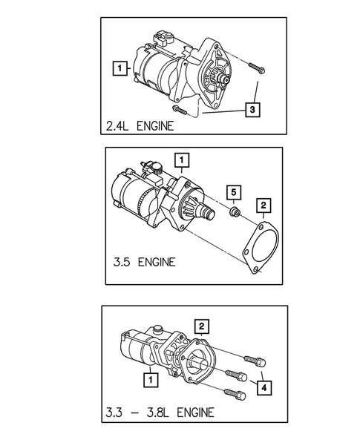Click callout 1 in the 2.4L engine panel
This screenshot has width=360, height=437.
coord(117,68)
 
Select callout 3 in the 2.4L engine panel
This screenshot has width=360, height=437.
coord(253,110)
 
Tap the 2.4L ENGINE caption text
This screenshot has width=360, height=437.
coord(141,125)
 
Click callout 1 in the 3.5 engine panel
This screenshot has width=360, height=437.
coord(180,159)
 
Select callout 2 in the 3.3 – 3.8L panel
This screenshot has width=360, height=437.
coord(200,325)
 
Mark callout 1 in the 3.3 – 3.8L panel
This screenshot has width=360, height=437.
coord(151,380)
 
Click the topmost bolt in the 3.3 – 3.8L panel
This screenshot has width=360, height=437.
coord(250,360)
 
